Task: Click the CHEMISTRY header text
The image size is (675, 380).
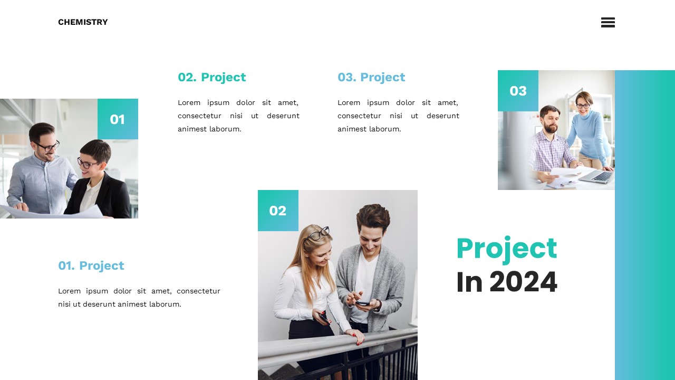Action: [83, 22]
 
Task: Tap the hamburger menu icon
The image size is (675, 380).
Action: [607, 22]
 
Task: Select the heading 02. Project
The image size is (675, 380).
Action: [211, 77]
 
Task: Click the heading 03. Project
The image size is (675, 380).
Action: [371, 77]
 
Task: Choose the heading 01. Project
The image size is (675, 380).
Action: [91, 265]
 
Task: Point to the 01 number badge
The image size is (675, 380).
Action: [118, 119]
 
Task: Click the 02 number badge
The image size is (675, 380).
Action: [278, 211]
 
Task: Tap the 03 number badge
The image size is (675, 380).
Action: [518, 91]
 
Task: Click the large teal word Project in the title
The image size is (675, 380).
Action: [506, 249]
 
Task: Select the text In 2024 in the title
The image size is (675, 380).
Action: [506, 282]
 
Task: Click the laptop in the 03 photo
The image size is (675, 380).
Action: [596, 176]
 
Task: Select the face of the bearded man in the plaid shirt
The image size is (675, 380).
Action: [550, 120]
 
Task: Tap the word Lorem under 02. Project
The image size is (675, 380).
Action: [189, 102]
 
